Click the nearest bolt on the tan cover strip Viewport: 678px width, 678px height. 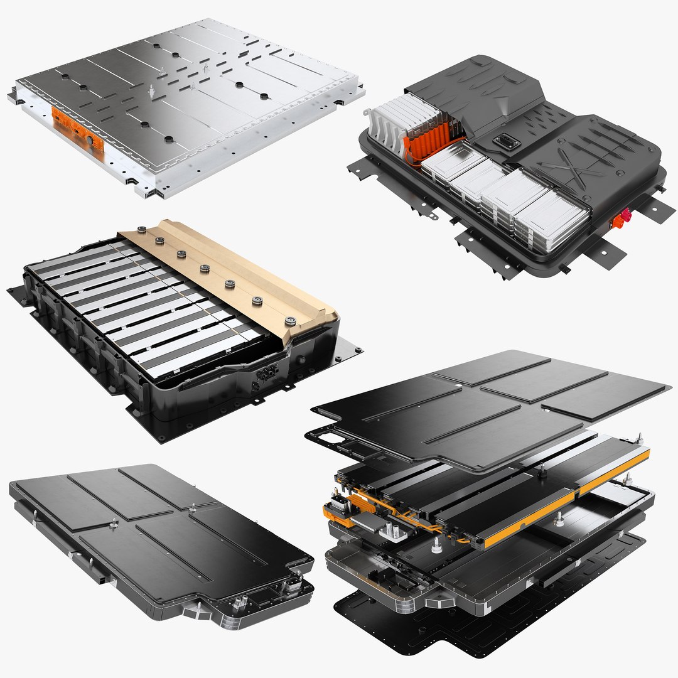tap(290, 321)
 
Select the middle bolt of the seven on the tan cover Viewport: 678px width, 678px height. tap(205, 269)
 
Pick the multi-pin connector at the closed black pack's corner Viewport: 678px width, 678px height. tap(289, 587)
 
